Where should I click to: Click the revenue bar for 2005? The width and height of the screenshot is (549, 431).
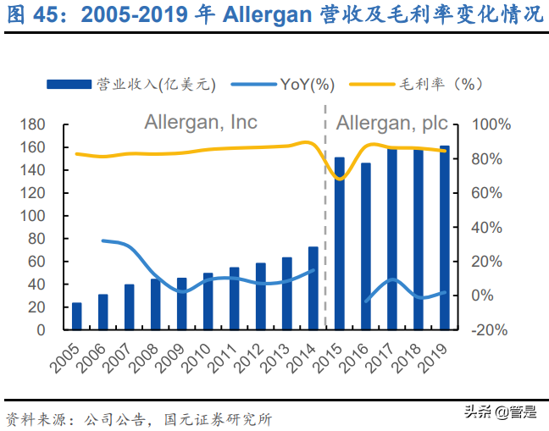pos(77,316)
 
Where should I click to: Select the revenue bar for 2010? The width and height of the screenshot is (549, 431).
pos(208,301)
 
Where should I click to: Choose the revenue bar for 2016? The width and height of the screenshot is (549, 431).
pos(366,246)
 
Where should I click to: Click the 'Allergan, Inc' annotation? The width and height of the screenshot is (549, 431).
pos(200,124)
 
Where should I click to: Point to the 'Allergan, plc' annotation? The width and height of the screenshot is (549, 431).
pos(392,124)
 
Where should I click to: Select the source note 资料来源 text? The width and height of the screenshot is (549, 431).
pos(34,417)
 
